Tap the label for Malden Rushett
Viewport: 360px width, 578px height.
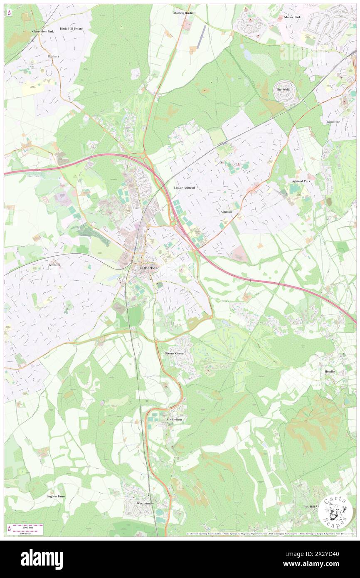(184, 13)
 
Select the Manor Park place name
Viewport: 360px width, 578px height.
(292, 17)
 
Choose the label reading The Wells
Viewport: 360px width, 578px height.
(283, 89)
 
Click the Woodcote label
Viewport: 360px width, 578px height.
(333, 121)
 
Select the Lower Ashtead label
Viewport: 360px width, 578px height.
(184, 188)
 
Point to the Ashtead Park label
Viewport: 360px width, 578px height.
(301, 181)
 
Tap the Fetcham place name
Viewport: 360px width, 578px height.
(54, 264)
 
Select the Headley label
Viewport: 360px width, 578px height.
(330, 371)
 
